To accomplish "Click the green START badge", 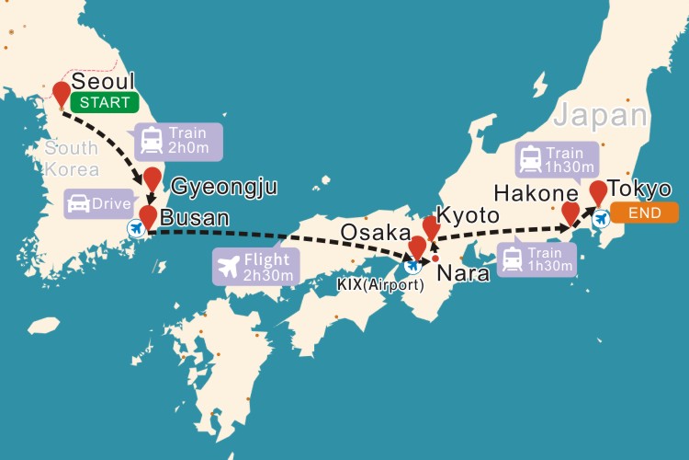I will tap(105, 102).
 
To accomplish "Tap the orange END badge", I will tap(644, 213).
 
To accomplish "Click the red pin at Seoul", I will tap(62, 93).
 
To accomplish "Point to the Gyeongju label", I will tap(224, 187).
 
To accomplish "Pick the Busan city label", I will tap(196, 218).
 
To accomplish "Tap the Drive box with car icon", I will tap(99, 203).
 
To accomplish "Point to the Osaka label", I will tap(375, 233).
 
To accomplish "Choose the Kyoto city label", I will tap(469, 215).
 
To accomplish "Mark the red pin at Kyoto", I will tap(431, 226).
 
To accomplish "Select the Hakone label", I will tap(536, 194).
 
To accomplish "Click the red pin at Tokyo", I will tap(598, 192).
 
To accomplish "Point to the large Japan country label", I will tap(600, 116).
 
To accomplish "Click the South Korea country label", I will tap(71, 158).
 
